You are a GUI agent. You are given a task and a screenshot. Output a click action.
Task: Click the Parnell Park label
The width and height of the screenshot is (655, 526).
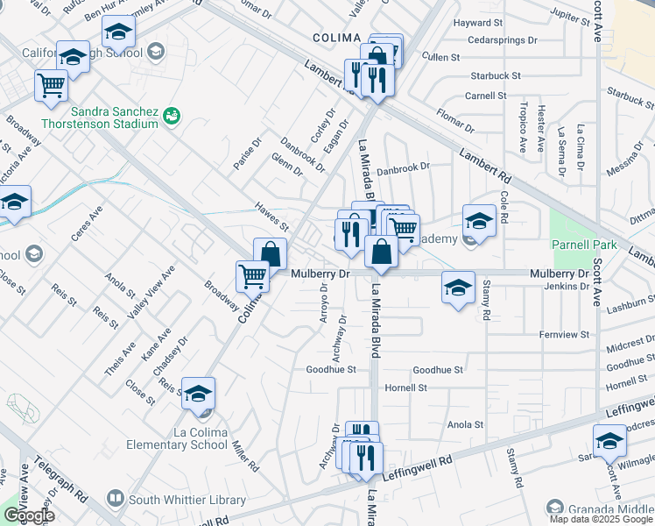(x=584, y=244)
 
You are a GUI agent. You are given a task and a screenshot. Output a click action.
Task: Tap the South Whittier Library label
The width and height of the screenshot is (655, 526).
(x=187, y=500)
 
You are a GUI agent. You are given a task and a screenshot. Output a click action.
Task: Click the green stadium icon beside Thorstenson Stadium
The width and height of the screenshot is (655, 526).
(x=172, y=115)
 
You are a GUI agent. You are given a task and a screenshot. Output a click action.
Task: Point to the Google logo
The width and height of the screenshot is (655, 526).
(x=29, y=515)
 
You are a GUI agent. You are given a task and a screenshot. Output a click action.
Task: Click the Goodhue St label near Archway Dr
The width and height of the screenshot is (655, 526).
(x=330, y=370)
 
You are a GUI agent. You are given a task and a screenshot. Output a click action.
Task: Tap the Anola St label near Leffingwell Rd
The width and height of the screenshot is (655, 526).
(x=465, y=424)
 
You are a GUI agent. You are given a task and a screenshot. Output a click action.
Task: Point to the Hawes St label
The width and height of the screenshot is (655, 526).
(x=271, y=216)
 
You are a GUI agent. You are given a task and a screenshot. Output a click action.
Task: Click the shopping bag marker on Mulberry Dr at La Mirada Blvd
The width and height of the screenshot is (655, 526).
(x=382, y=253)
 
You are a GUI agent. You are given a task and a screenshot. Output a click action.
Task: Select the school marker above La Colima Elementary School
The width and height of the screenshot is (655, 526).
(x=200, y=394)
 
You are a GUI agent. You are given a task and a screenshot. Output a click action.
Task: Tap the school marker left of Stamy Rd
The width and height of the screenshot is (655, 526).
(x=458, y=288)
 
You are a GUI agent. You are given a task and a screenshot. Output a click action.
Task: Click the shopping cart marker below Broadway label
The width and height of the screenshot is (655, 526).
(x=252, y=276)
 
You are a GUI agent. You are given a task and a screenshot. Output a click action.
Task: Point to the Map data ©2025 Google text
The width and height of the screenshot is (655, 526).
(x=593, y=519)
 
